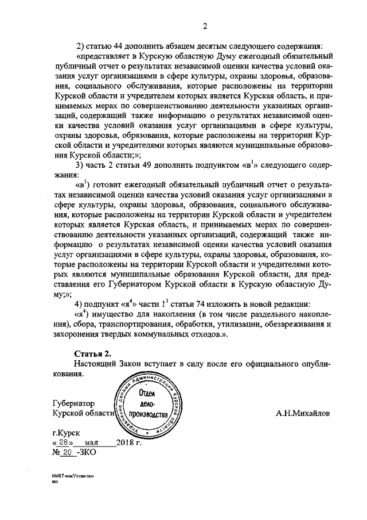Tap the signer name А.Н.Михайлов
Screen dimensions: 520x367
(x=303, y=413)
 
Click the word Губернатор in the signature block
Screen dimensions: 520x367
(x=73, y=403)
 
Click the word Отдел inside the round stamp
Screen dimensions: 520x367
(x=149, y=392)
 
